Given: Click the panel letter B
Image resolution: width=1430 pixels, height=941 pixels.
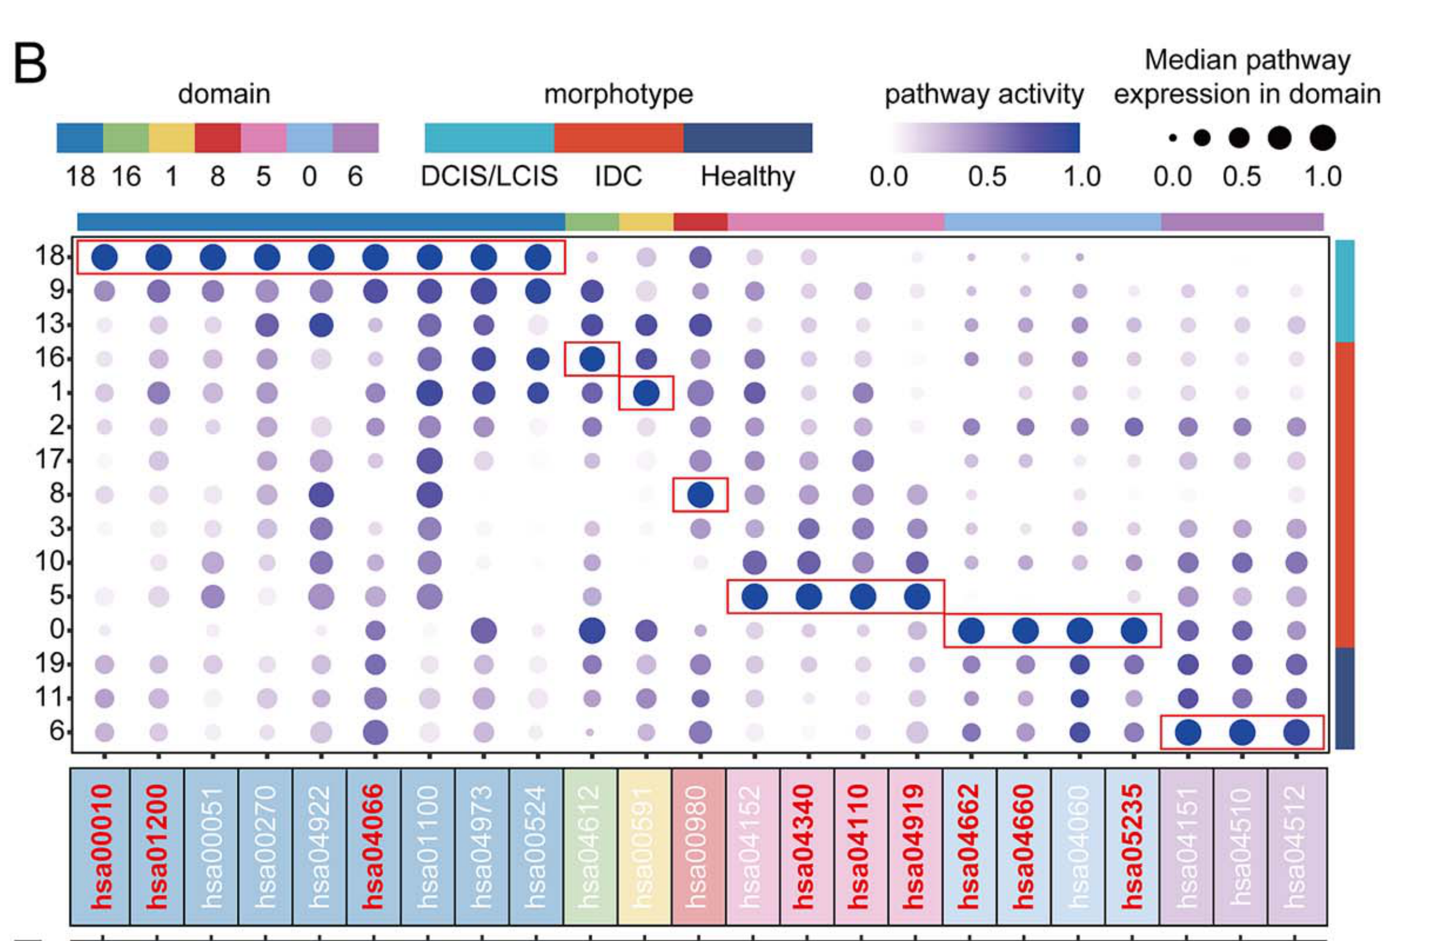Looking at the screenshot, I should (x=30, y=64).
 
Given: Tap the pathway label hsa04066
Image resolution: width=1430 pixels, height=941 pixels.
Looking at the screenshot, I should (x=372, y=847).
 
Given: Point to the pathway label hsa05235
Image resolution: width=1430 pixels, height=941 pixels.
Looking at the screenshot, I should (x=1132, y=847).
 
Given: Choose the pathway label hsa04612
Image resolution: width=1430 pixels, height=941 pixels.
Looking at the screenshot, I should (x=590, y=847).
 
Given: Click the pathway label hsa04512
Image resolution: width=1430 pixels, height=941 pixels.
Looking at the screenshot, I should (x=1295, y=847).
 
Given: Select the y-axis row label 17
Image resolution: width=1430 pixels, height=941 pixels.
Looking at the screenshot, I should (x=50, y=459).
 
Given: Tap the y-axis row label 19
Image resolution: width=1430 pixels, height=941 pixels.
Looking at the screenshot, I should (x=50, y=663).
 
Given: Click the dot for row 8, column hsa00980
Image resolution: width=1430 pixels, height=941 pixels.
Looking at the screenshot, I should (x=700, y=494).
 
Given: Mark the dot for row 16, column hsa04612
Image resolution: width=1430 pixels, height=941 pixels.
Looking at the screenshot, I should (x=592, y=359).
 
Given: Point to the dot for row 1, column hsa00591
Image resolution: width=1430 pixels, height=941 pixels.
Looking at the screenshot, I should (x=646, y=393).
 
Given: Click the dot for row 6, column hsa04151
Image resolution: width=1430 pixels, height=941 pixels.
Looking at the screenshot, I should (x=1188, y=732).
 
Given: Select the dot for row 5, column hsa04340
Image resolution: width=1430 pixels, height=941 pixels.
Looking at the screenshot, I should (x=809, y=596).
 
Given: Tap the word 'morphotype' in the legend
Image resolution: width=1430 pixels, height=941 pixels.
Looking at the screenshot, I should (x=618, y=94).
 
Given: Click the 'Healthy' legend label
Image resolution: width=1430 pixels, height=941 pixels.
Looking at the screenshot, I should (x=747, y=176).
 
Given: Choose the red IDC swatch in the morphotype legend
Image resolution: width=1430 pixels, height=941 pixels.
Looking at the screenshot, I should (x=618, y=138).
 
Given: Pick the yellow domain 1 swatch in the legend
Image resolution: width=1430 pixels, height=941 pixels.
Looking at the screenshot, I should (x=172, y=138).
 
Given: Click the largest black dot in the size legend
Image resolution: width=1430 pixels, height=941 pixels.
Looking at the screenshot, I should (x=1323, y=138).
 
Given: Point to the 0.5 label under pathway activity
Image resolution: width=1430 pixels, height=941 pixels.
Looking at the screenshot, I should (x=987, y=177).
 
